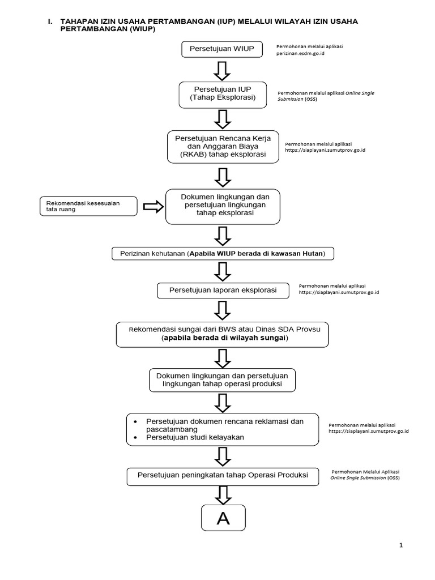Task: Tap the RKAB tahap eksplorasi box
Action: (223, 146)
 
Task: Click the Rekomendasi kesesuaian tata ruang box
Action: (88, 206)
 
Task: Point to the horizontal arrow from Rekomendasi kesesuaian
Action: (151, 207)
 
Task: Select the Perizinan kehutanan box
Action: (223, 253)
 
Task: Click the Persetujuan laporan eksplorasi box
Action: (223, 291)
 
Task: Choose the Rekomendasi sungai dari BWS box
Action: (223, 334)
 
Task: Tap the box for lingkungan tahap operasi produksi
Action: (223, 380)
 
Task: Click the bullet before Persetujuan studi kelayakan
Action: (134, 438)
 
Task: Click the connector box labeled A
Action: (223, 518)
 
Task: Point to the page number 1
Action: (401, 545)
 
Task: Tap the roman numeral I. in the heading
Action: (50, 21)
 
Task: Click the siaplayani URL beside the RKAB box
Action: (325, 150)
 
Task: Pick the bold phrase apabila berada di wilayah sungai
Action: (225, 338)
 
